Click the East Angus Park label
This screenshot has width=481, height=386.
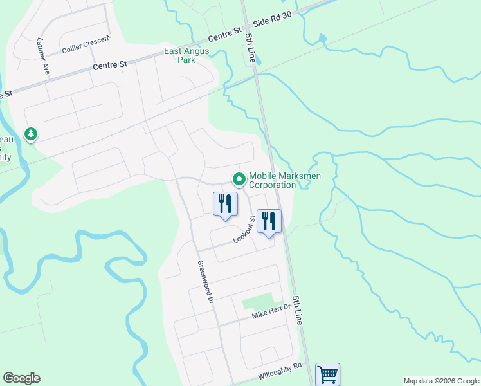click(188, 56)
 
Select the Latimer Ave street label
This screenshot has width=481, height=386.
click(43, 56)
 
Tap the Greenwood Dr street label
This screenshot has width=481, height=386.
click(204, 282)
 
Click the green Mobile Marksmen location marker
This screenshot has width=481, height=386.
click(239, 178)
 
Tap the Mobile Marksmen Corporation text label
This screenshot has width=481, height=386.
click(272, 180)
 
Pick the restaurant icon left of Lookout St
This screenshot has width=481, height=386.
click(225, 203)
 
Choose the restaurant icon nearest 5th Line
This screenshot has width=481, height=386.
click(269, 221)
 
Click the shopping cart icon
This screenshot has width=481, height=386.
click(328, 374)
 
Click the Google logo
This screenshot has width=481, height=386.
click(21, 378)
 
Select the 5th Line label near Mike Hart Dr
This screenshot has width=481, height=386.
click(297, 309)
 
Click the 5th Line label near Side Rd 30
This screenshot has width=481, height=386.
click(250, 48)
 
